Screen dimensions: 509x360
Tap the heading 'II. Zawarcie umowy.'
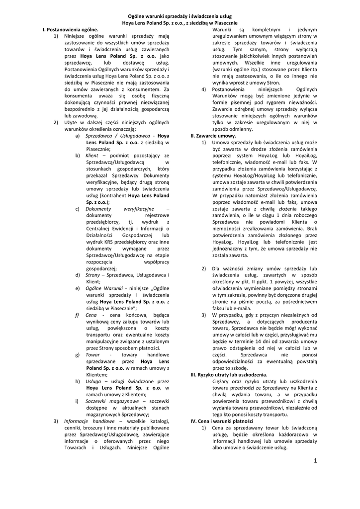214,135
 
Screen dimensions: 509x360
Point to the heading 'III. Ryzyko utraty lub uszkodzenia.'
229,374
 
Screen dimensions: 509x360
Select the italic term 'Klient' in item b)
92,155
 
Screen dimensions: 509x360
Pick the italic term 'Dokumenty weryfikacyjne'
119,209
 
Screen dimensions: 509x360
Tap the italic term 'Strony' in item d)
93,274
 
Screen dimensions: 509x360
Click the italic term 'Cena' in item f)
91,315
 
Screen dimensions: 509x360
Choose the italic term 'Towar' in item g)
93,355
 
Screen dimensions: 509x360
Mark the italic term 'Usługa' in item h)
93,381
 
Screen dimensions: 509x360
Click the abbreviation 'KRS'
107,242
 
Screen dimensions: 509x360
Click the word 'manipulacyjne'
108,342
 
